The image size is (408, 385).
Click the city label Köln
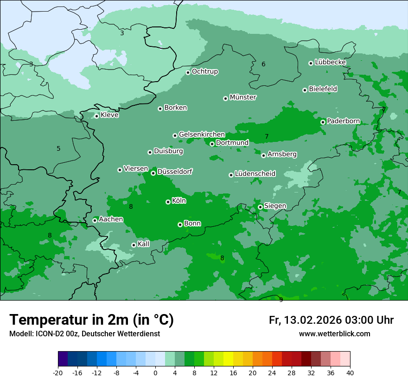coord(179,201)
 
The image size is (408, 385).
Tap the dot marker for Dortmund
coord(212,144)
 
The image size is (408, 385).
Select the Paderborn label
coord(343,121)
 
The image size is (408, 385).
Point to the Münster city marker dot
coord(226,98)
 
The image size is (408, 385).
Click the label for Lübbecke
coord(330,62)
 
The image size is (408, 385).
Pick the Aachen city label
coord(111,219)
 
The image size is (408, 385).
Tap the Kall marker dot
coord(134,245)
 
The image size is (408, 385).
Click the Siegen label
coord(275,206)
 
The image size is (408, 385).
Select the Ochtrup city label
coord(204,71)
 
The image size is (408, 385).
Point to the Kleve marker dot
coord(97,116)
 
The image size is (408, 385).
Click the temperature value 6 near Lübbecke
coord(263,64)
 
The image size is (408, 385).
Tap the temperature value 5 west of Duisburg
coord(58,149)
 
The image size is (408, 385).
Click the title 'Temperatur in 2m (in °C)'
coord(91,320)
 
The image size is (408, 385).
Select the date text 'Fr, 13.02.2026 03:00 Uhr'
coord(331,320)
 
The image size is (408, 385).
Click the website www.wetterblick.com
coord(334,334)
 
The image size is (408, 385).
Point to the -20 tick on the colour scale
coord(58,372)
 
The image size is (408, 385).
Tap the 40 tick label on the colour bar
coord(350,372)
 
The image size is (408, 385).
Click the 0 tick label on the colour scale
coord(155,372)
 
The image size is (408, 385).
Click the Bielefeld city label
coord(323,89)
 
